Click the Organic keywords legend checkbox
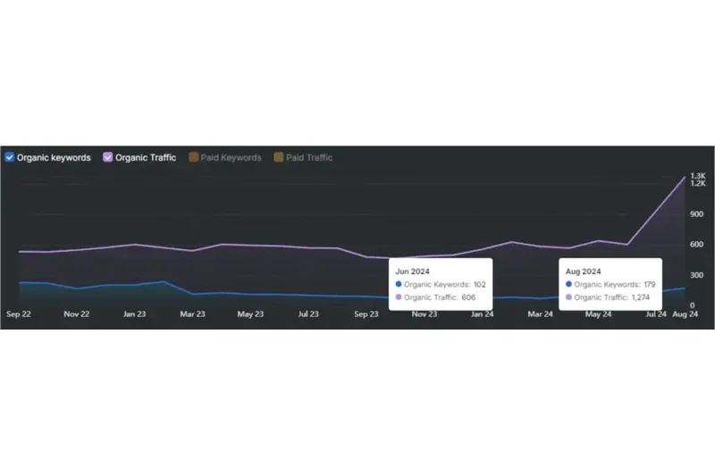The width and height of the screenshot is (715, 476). pyautogui.click(x=9, y=158)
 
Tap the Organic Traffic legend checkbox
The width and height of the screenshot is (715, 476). pyautogui.click(x=108, y=158)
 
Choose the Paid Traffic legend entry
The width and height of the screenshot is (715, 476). pyautogui.click(x=279, y=158)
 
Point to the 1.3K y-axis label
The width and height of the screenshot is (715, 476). pyautogui.click(x=698, y=176)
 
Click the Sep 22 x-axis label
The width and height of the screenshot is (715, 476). pyautogui.click(x=19, y=314)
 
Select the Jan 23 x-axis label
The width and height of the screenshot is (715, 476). pyautogui.click(x=135, y=314)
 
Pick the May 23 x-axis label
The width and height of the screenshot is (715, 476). pyautogui.click(x=250, y=314)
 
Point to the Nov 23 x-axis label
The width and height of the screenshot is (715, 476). pyautogui.click(x=424, y=314)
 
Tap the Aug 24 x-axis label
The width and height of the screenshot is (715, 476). pyautogui.click(x=684, y=314)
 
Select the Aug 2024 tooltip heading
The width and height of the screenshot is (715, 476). pyautogui.click(x=584, y=271)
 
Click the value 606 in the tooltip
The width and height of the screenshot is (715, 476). pyautogui.click(x=468, y=297)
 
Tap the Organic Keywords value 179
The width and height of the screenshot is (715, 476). pyautogui.click(x=650, y=284)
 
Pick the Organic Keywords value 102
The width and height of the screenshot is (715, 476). pyautogui.click(x=480, y=284)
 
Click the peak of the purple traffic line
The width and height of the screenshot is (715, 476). pyautogui.click(x=686, y=177)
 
